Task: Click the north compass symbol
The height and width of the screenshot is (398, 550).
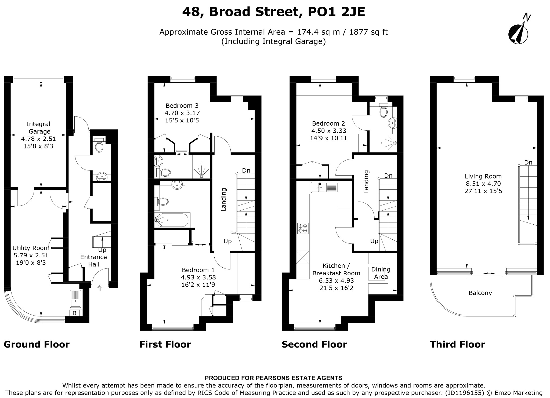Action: point(518,33)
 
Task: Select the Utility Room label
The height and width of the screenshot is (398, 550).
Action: point(31,248)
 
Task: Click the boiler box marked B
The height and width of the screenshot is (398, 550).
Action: point(74,313)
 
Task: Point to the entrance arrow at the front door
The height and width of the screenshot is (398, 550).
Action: point(100,288)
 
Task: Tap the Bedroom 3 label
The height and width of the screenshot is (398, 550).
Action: point(182,106)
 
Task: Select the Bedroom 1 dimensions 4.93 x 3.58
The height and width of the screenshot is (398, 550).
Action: point(198,277)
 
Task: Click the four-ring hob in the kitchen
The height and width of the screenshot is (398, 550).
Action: point(303,228)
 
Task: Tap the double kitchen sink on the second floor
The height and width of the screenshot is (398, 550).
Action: point(324,187)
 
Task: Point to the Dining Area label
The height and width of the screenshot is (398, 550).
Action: point(381,273)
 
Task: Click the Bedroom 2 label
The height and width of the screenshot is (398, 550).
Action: point(328,123)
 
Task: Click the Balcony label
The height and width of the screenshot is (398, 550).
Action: point(480,293)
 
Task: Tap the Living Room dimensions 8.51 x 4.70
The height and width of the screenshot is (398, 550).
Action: point(483,184)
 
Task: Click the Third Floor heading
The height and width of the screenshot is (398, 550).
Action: point(457,344)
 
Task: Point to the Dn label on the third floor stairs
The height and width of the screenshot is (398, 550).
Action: point(528,162)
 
